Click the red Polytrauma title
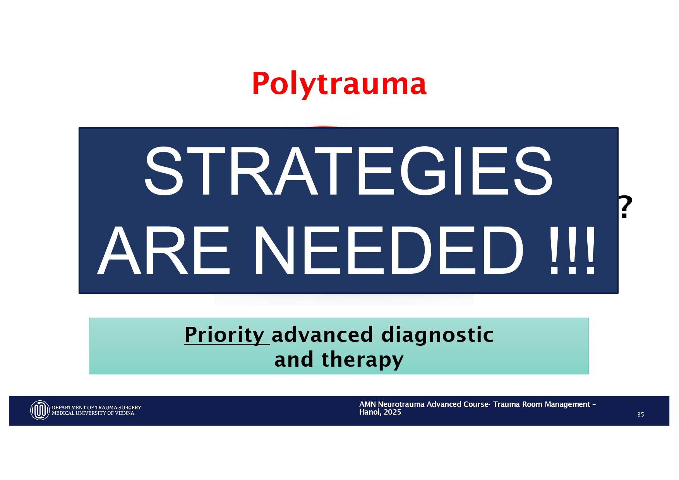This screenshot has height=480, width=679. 339,84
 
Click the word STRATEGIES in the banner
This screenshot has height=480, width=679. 348,171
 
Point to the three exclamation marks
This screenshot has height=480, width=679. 572,251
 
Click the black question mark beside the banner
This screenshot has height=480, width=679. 625,207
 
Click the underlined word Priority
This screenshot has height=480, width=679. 225,335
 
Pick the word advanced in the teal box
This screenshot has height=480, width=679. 322,335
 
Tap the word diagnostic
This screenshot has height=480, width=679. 437,335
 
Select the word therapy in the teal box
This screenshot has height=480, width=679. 362,360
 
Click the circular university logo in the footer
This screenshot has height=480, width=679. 40,410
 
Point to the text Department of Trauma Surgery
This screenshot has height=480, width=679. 96,408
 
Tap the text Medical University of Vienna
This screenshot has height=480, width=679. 93,413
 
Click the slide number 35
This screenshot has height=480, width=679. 641,415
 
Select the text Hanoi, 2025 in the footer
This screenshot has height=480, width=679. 380,412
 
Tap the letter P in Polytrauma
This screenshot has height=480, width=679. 261,84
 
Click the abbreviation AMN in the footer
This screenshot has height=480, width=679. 367,405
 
